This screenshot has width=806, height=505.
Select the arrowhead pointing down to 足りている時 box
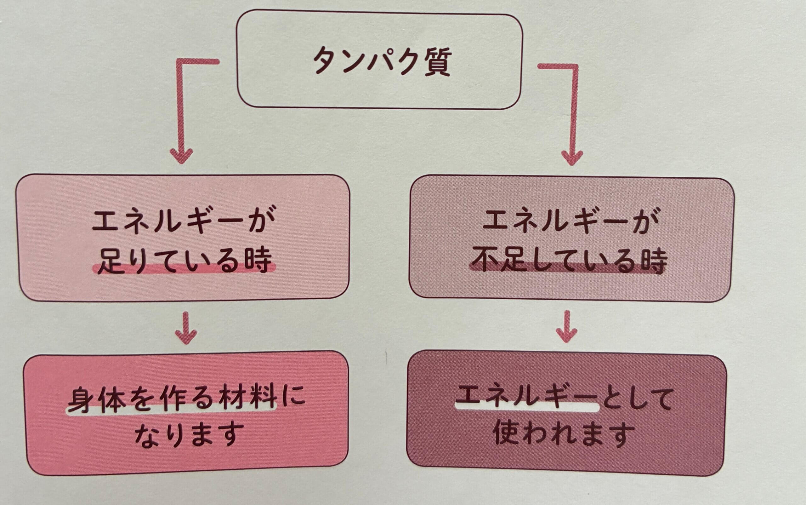point(181,155)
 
